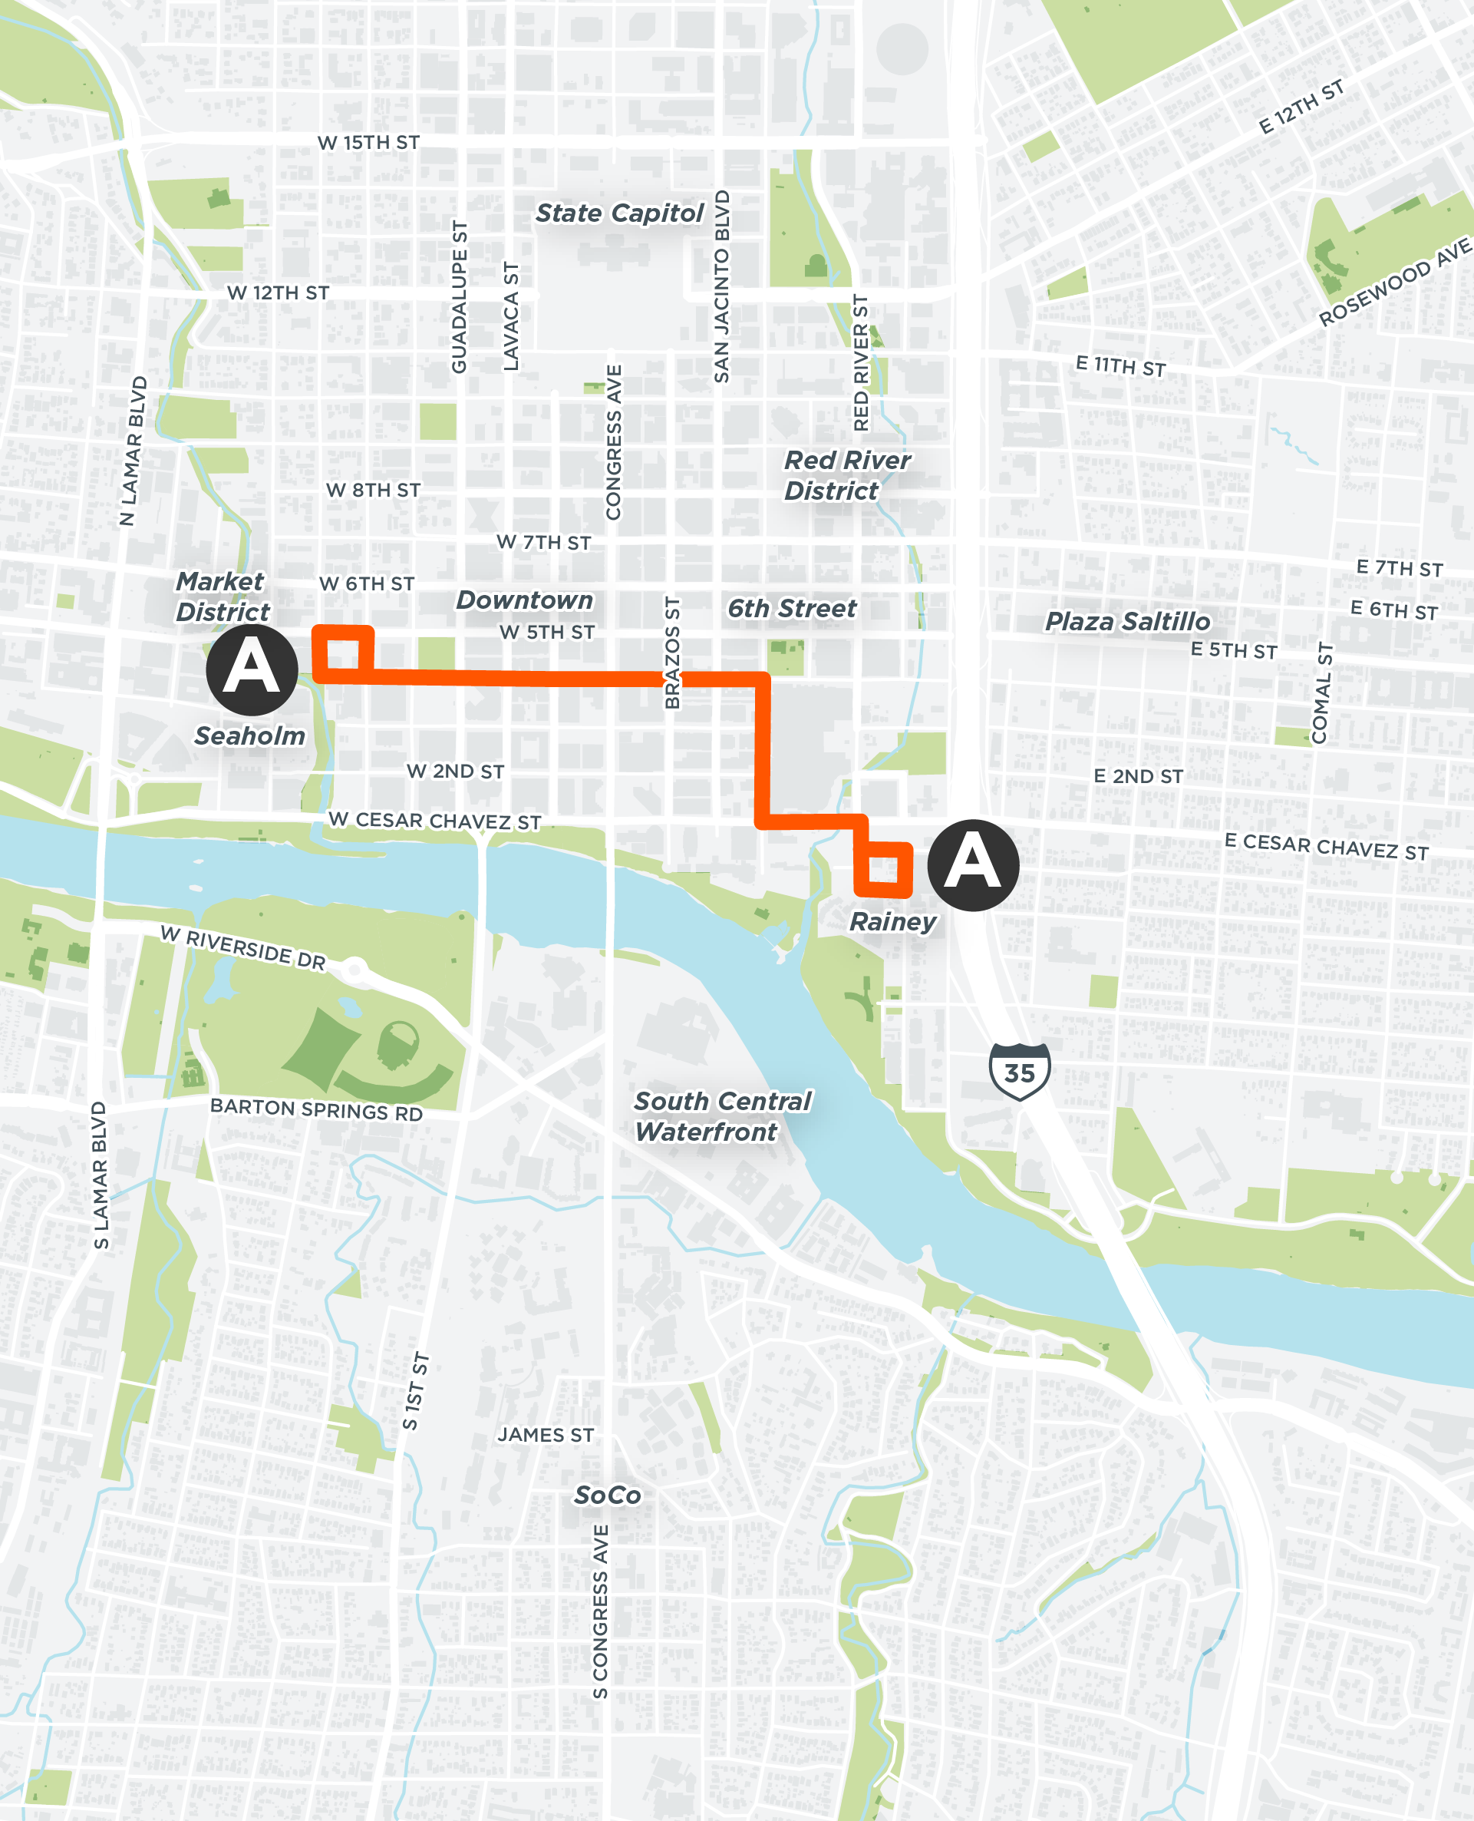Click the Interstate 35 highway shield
tap(1020, 1072)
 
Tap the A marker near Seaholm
tap(252, 669)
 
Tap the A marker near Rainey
tap(972, 864)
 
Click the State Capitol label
tap(619, 213)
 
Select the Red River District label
tap(846, 476)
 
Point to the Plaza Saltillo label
tap(1126, 622)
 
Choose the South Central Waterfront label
tap(722, 1116)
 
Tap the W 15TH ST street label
tap(368, 143)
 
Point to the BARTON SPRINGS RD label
tap(316, 1110)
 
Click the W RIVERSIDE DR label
tap(242, 948)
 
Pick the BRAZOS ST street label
tap(672, 653)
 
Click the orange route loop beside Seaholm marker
tap(343, 654)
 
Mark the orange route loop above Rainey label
tap(883, 870)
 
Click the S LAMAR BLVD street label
tap(101, 1176)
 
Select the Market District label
tap(223, 597)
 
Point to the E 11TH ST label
tap(1120, 366)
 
